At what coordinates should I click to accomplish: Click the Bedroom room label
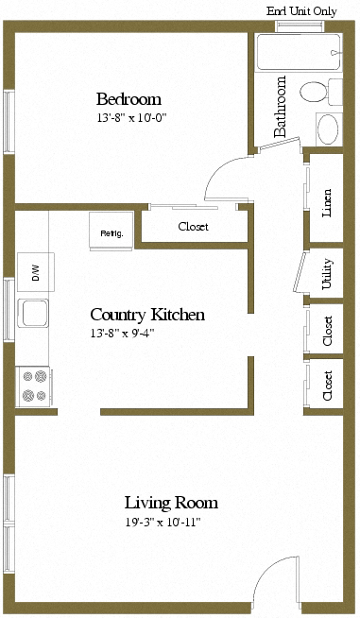click(x=129, y=99)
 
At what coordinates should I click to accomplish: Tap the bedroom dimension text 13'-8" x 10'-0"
click(x=132, y=117)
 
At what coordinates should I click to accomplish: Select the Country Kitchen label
click(x=147, y=315)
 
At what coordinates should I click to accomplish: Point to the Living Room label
click(x=171, y=503)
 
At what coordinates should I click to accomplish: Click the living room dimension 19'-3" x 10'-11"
click(x=163, y=523)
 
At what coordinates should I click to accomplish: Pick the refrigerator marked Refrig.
click(x=111, y=232)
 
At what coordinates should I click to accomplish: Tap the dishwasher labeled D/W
click(x=36, y=272)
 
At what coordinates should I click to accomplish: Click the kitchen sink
click(x=33, y=314)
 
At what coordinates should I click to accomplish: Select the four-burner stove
click(x=33, y=386)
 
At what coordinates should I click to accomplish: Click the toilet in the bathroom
click(x=321, y=93)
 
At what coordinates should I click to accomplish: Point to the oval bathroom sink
click(x=328, y=129)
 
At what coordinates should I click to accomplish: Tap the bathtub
click(x=299, y=52)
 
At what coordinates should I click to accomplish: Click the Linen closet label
click(x=327, y=203)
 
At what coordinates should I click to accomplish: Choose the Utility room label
click(x=327, y=274)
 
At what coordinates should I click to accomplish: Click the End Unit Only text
click(x=301, y=11)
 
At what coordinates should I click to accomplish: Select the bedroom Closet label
click(x=193, y=227)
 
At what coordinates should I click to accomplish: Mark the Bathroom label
click(x=280, y=107)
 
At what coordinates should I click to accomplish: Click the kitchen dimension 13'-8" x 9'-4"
click(x=122, y=334)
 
